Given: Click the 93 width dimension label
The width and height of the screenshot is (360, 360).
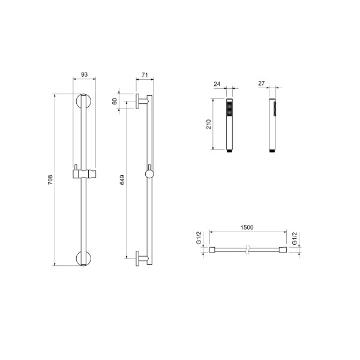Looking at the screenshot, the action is coord(84,74).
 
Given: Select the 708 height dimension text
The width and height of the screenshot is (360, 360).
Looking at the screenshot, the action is coord(50,179).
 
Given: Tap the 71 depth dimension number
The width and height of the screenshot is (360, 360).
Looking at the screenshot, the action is coord(145,75).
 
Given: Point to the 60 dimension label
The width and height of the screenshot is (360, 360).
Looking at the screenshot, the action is coord(115,101).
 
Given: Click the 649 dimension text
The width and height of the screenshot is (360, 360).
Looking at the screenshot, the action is coord(122,179).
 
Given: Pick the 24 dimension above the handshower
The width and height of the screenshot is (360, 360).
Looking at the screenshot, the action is coord(217,84).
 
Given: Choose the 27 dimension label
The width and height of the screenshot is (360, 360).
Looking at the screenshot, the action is coord(261,83).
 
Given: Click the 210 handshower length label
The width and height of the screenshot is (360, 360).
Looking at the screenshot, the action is coord(208,124).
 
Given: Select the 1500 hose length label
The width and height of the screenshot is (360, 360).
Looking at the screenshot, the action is coord(247,227).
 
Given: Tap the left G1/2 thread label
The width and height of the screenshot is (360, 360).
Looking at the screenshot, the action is coord(199,238).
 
